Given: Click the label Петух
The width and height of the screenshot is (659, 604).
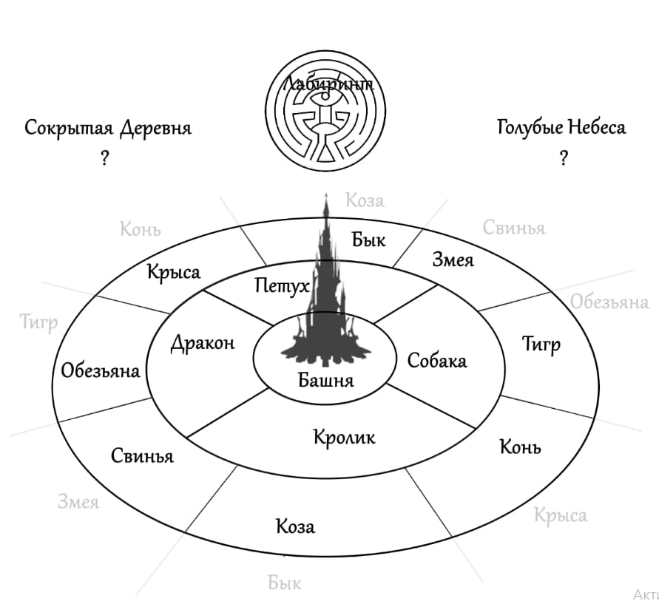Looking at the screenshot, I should [282, 285].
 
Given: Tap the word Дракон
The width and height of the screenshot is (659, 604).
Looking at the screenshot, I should [203, 343].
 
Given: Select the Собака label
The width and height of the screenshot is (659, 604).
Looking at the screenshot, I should [437, 360].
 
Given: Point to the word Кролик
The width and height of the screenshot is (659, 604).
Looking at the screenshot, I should [344, 437].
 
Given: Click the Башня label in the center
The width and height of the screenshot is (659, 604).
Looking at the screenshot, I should [326, 380].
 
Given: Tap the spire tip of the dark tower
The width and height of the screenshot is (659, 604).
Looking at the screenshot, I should [326, 195].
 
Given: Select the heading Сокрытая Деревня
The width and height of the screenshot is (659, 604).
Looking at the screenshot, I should [108, 128].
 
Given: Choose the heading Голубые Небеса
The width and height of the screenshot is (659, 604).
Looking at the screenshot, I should [561, 127].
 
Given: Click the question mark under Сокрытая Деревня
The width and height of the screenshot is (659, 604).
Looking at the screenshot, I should [104, 158].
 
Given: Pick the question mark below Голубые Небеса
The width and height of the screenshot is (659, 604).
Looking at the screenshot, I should [564, 158].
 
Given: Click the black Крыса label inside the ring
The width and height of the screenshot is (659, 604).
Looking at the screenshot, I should [173, 272].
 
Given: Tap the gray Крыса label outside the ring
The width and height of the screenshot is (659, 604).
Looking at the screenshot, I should [561, 515].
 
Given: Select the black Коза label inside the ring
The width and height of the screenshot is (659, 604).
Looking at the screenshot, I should [295, 526].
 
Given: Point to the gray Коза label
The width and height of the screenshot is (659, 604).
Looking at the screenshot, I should [365, 200].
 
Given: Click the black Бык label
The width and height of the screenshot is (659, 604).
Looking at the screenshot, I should [369, 240].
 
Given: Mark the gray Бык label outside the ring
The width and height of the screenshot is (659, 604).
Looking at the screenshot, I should [285, 583].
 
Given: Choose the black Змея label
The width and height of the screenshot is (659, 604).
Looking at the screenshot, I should [453, 259].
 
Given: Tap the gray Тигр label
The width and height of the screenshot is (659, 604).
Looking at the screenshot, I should [38, 323].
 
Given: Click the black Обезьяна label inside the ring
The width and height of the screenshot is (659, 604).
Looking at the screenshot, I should [101, 370].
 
